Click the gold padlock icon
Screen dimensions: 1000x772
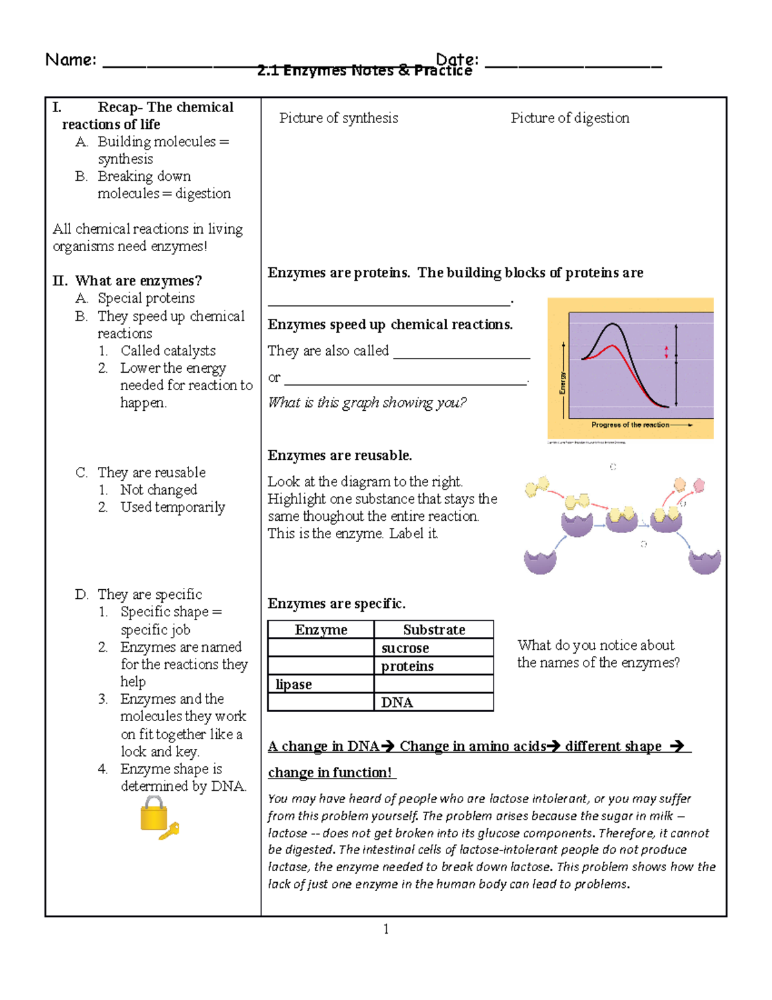click(x=154, y=814)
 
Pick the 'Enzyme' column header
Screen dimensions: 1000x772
click(x=320, y=630)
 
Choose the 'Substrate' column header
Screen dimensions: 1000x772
click(x=434, y=630)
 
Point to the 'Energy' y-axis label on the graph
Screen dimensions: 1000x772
click(x=562, y=382)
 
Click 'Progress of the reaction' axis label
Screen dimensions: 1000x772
click(x=630, y=425)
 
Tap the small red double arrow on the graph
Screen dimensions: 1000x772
click(x=666, y=352)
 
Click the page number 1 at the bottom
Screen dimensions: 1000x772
click(x=385, y=929)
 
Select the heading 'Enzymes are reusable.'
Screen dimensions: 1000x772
click(x=340, y=455)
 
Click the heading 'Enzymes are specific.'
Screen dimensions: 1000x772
click(x=336, y=603)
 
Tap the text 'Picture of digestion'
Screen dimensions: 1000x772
click(x=569, y=118)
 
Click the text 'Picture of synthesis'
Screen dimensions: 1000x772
click(x=338, y=118)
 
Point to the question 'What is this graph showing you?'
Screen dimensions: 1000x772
click(x=367, y=402)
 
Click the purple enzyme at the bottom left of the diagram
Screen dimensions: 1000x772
click(x=540, y=561)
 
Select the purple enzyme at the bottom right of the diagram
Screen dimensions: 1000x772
click(x=704, y=561)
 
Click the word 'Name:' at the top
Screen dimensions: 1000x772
click(x=71, y=60)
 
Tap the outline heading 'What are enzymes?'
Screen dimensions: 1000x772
click(x=138, y=281)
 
